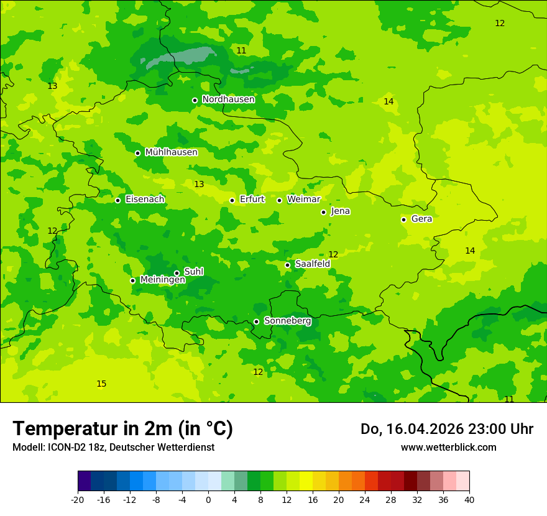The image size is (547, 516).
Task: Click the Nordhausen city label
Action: [228, 99]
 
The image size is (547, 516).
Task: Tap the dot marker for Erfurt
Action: [232, 200]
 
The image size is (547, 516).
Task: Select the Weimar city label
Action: [303, 200]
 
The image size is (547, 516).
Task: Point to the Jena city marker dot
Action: [323, 212]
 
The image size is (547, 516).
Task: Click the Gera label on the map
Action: [421, 219]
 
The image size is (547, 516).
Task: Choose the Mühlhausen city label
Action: [171, 152]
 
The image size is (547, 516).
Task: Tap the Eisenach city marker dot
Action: [117, 200]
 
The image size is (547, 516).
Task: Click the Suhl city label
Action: [193, 272]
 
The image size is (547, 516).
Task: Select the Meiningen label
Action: [162, 280]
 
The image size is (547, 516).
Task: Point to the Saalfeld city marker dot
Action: [287, 265]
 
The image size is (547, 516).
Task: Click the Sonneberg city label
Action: [287, 321]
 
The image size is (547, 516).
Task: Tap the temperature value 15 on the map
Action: [101, 384]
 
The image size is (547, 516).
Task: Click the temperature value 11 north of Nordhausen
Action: [241, 50]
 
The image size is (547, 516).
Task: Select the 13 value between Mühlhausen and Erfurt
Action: [199, 184]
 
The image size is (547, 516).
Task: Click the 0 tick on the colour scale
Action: [208, 499]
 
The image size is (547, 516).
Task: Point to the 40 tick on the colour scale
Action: [469, 499]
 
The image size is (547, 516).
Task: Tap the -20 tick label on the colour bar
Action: [78, 499]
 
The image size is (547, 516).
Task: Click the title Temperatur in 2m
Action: [122, 428]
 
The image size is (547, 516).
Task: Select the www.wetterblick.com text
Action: [448, 447]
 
